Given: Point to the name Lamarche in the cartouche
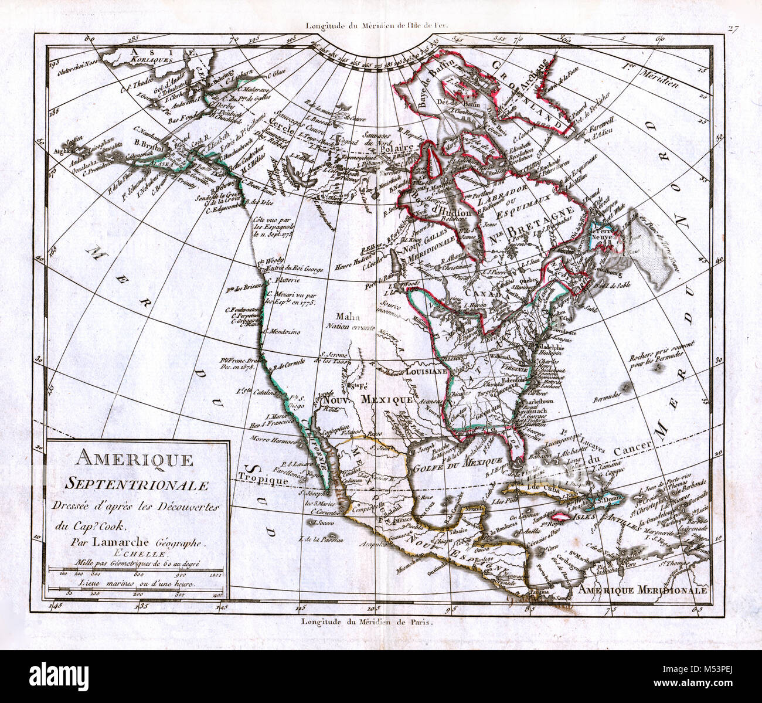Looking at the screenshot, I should click(143, 543).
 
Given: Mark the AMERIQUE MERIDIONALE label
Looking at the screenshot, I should click(642, 590).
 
